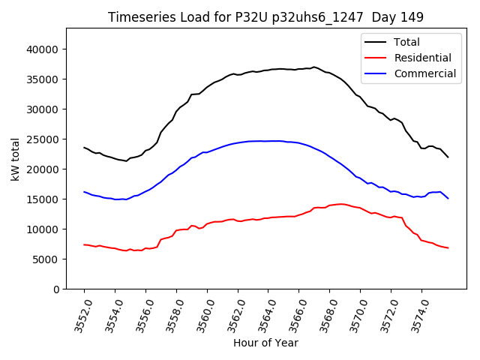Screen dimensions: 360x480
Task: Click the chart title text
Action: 265,17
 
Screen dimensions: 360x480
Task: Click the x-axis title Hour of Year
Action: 265,343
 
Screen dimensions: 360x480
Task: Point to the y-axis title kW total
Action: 16,159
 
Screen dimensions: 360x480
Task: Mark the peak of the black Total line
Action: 313,67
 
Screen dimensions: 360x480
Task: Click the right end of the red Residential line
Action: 448,247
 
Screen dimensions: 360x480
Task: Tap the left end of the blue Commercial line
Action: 84,192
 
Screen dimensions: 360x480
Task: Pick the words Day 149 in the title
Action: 398,17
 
